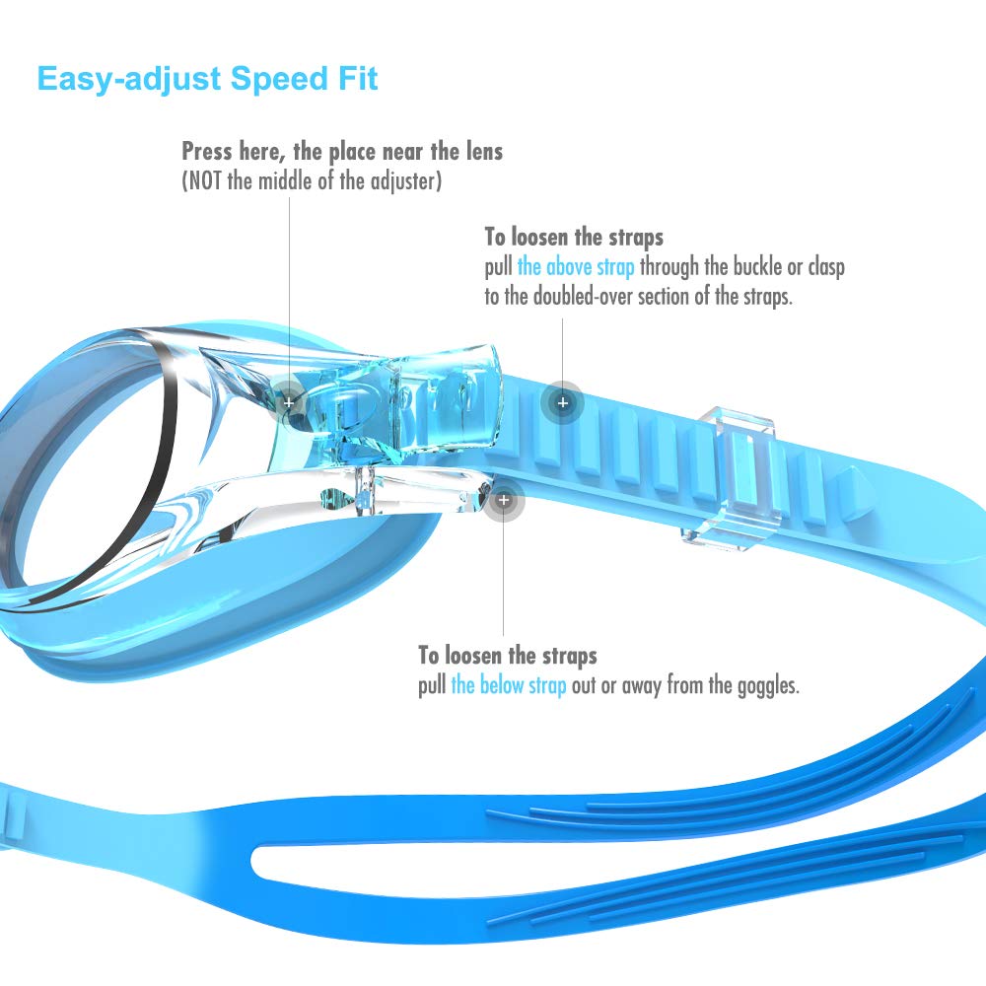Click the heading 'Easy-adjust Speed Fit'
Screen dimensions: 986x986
click(207, 80)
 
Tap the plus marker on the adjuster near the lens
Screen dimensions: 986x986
click(289, 402)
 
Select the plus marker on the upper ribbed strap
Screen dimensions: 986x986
click(563, 402)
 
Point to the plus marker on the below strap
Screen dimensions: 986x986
click(504, 500)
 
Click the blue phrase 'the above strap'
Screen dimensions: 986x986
click(576, 266)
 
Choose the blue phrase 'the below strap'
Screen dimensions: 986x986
click(509, 685)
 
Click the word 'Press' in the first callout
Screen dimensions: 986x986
click(207, 152)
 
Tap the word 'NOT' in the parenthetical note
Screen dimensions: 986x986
click(204, 181)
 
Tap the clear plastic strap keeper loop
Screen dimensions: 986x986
click(729, 478)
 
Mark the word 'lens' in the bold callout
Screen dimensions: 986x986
click(484, 152)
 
